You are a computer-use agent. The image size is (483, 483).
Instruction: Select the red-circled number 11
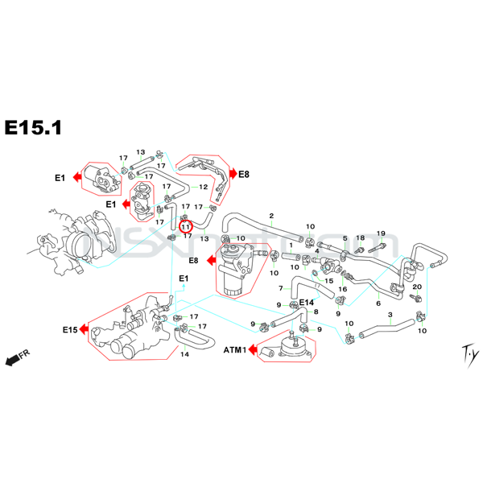186,227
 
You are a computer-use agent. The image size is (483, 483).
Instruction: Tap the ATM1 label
234,350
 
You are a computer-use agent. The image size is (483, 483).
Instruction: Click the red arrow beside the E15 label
84,330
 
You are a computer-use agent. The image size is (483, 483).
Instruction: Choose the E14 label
306,302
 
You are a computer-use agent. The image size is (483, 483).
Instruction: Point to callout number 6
378,303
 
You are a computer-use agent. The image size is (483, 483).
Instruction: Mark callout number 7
281,288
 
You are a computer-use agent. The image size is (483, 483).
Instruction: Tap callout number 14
184,354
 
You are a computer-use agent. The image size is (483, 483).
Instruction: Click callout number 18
361,237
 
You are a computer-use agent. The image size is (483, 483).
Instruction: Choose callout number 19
382,233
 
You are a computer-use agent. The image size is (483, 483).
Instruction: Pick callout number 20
417,287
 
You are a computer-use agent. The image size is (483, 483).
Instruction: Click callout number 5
345,238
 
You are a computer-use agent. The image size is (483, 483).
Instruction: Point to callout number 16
342,289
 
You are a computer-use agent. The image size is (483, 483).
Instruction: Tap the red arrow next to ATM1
252,350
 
